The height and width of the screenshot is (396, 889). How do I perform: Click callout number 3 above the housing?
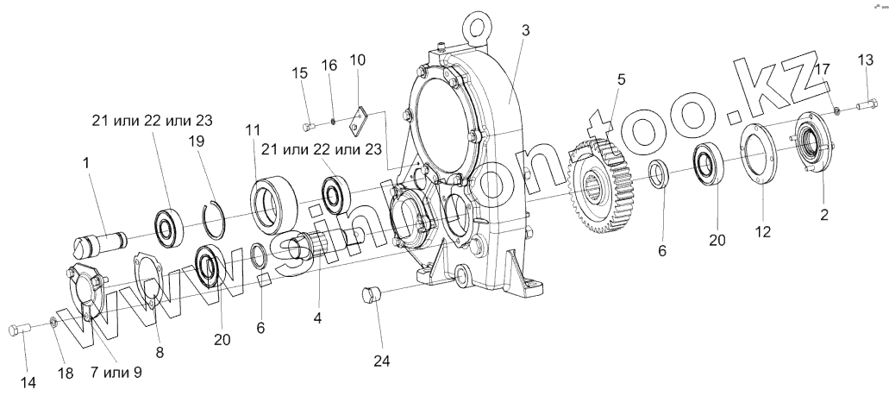(x=524, y=31)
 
